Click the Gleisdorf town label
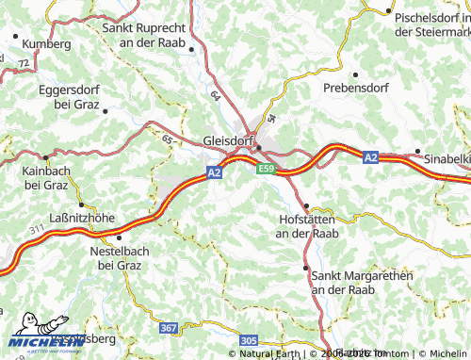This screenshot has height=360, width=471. click(x=230, y=141)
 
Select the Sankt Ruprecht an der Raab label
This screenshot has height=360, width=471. click(x=143, y=35)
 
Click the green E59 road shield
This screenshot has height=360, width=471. click(x=267, y=169)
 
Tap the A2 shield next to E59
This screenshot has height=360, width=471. click(x=215, y=172)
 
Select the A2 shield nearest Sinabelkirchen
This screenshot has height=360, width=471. click(x=371, y=157)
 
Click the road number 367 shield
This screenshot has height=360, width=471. click(x=168, y=327)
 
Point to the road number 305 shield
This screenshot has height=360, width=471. click(x=249, y=339)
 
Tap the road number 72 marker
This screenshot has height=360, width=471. click(x=22, y=62)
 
